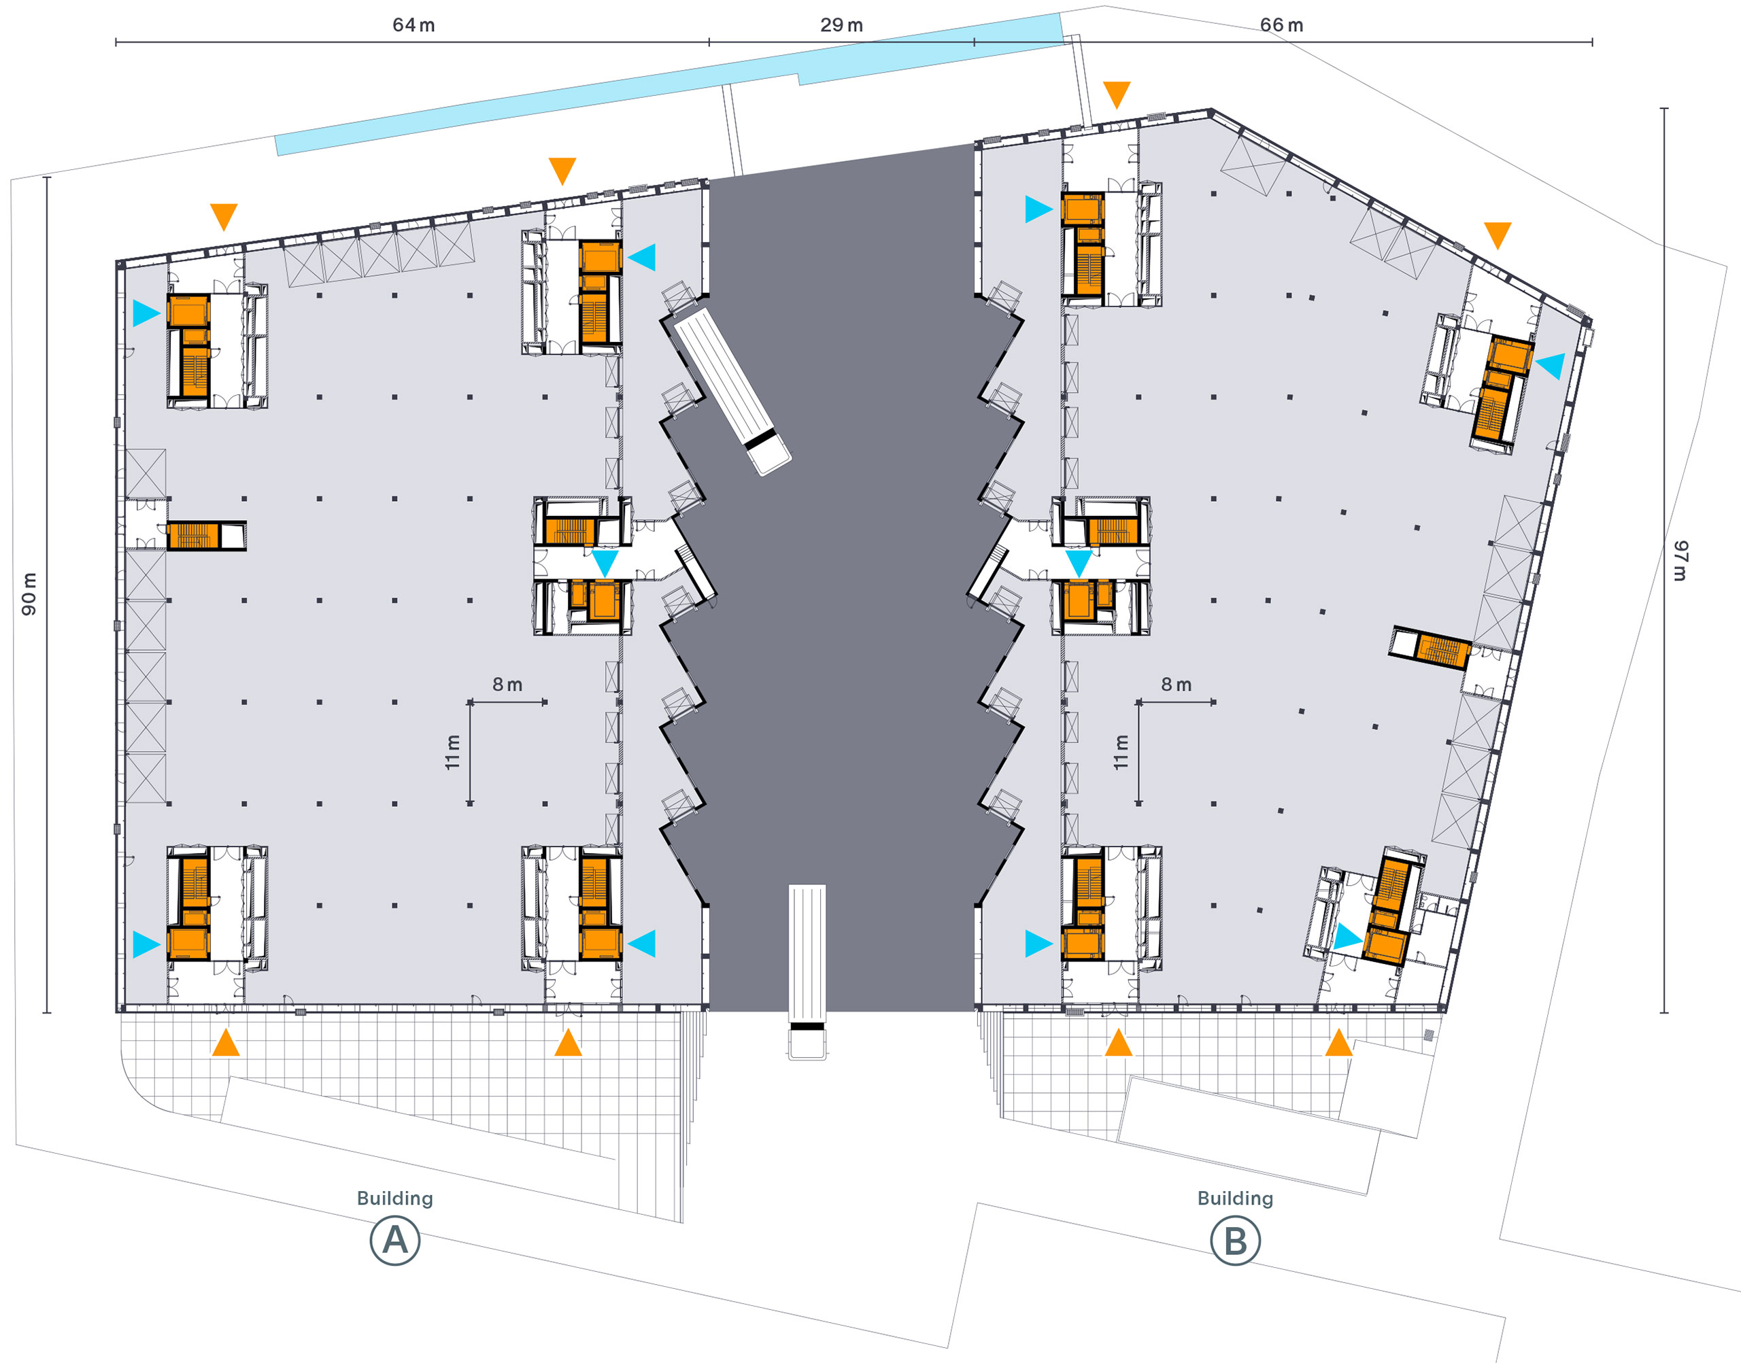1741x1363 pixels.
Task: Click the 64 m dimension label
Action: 413,24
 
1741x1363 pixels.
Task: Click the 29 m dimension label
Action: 841,24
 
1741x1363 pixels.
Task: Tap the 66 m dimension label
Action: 1281,24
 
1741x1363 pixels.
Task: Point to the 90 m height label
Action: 29,593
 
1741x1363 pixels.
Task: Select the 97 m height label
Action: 1680,560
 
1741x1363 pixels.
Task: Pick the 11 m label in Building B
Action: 1121,752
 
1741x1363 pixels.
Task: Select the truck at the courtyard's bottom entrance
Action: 807,971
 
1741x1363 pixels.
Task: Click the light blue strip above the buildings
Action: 669,84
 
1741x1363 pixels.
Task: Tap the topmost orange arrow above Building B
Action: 1116,94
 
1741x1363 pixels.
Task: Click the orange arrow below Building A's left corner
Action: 226,1042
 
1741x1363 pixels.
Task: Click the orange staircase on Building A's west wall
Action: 192,536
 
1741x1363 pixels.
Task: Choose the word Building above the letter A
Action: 395,1198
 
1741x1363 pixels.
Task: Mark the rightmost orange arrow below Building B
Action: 1338,1042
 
